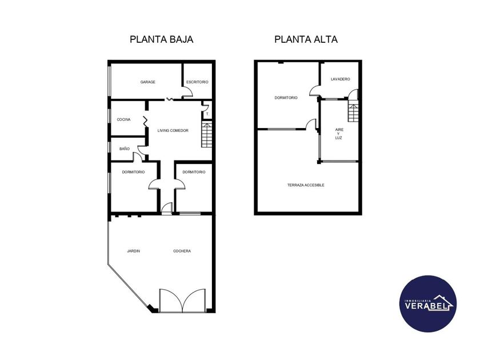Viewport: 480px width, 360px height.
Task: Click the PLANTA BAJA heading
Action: tap(161, 39)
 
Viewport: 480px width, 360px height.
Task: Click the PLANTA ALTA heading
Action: tap(306, 39)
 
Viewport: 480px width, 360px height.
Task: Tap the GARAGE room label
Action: tap(148, 82)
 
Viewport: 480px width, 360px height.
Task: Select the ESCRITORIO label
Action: tap(197, 82)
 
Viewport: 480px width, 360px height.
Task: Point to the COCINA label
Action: tap(123, 119)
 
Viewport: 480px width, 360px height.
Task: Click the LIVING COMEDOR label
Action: tap(173, 131)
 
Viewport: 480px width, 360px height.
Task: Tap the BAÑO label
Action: tap(125, 149)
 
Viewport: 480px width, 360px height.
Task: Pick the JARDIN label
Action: tap(134, 251)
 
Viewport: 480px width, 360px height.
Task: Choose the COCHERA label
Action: tap(182, 251)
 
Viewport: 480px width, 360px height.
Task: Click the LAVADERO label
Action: tap(341, 79)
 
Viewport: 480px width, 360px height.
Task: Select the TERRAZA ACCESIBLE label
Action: tap(306, 185)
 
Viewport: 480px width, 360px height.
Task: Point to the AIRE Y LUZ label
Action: tap(339, 134)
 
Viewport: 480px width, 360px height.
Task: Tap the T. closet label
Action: tap(207, 114)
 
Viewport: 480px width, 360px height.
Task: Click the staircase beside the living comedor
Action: tap(207, 135)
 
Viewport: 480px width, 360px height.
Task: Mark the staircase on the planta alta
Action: tap(353, 113)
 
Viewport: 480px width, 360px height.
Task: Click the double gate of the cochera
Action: tap(182, 301)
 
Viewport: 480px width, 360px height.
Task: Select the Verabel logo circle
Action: tap(428, 303)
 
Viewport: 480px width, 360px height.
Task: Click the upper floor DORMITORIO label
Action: tap(286, 98)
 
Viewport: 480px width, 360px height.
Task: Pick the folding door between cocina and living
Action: tap(145, 122)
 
